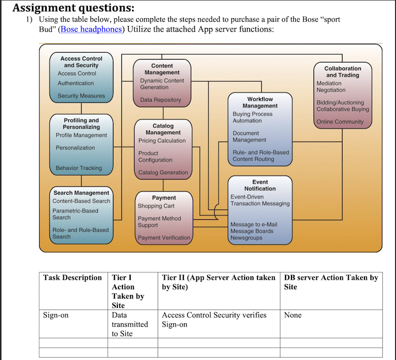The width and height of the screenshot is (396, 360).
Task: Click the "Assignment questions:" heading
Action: tap(73, 8)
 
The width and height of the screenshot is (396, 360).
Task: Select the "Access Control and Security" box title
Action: tap(81, 62)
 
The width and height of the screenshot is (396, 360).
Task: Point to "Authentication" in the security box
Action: tap(76, 84)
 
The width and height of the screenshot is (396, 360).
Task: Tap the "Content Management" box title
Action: tap(162, 69)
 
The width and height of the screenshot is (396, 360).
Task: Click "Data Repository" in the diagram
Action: tap(161, 100)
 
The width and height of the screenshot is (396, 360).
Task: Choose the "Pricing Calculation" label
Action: tap(162, 141)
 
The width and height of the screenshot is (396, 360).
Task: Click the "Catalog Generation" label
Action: tap(163, 173)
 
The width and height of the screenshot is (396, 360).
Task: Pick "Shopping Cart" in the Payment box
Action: tap(156, 206)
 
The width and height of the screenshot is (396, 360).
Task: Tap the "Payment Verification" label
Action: tap(164, 238)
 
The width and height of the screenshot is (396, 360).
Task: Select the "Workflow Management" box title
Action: tap(260, 102)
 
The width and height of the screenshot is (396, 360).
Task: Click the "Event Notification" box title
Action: tap(260, 185)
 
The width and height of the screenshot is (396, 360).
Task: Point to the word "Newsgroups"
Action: tap(246, 238)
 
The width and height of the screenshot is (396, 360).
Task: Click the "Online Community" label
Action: tap(340, 122)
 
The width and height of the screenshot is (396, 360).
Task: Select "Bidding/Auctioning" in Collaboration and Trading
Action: tap(340, 102)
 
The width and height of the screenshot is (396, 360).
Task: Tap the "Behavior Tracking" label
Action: tap(79, 168)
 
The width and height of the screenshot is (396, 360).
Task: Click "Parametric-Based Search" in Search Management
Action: tap(75, 214)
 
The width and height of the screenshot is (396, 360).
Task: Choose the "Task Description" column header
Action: tap(72, 278)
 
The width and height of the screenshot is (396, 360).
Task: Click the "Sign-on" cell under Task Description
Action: tap(56, 315)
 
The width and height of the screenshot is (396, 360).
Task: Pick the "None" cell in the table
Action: tap(293, 315)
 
